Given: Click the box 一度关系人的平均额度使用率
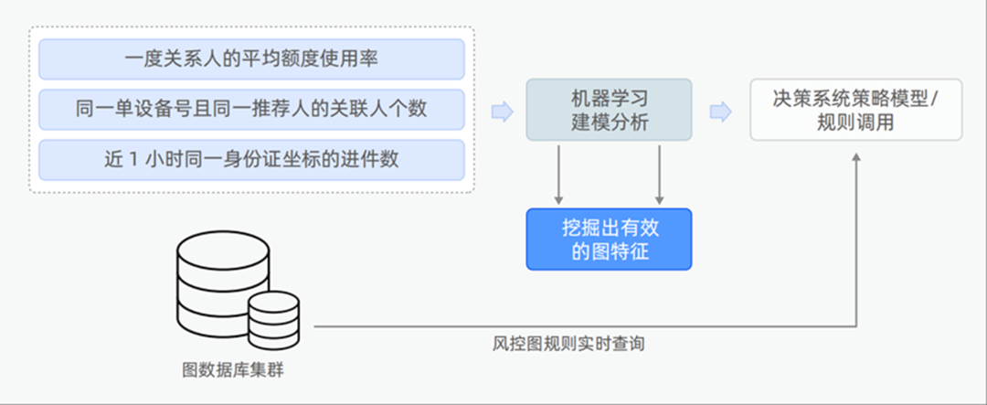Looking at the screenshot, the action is point(251,59).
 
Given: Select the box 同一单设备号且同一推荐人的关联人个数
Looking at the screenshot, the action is point(251,109).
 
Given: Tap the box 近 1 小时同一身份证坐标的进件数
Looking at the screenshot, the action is point(251,159).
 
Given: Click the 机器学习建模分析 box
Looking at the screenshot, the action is point(609,110).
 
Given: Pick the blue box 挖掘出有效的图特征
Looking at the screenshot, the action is point(609,239).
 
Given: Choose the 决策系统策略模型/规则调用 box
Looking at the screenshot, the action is point(855,110).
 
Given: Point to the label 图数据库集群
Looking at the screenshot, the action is point(239,372).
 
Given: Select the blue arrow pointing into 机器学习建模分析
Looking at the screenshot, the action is point(502,112).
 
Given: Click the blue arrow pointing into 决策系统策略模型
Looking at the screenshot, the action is point(721,112).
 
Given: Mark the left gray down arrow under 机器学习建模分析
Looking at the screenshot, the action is point(557,174).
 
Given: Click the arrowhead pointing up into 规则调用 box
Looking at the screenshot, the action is point(856,156).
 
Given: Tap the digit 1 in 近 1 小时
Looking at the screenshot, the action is point(133,159).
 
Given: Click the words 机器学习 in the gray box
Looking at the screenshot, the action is point(609,98).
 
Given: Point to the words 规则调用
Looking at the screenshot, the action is point(855,122).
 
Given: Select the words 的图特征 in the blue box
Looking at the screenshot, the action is point(609,251).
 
